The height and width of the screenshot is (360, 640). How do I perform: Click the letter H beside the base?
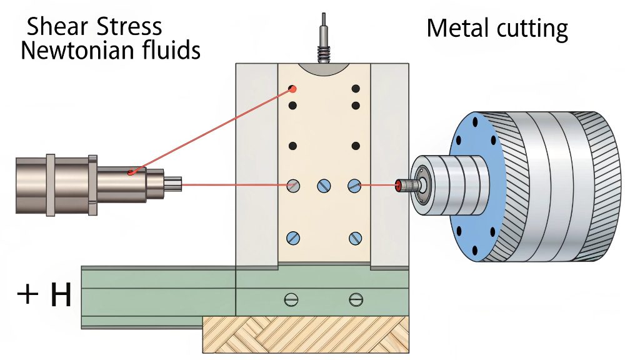[61, 296]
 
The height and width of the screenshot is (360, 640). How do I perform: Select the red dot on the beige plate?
[292, 89]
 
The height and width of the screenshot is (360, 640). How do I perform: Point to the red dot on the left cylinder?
[131, 172]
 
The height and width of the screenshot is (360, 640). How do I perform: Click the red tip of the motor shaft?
[398, 184]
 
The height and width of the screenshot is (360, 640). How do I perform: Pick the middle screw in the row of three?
[324, 185]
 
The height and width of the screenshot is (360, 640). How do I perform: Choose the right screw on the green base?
[356, 299]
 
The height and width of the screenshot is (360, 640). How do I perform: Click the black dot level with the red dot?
[356, 89]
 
